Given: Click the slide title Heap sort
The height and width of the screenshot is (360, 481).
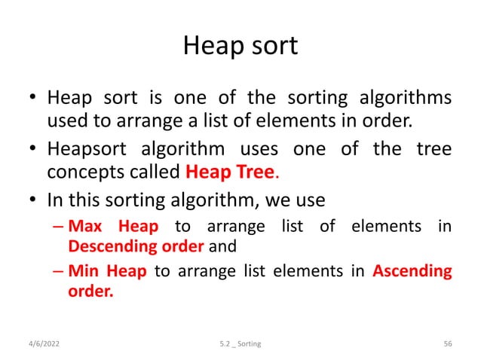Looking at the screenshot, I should click(x=240, y=47).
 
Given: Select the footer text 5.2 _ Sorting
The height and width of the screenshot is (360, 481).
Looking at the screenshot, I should click(x=241, y=343).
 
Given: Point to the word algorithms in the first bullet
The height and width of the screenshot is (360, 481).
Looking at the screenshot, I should click(x=406, y=99).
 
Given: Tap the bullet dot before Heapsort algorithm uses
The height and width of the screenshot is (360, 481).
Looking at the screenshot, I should click(x=32, y=148).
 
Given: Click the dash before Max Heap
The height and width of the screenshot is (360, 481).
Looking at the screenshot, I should click(x=57, y=227).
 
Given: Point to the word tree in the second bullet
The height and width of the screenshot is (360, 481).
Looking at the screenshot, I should click(x=434, y=148).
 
